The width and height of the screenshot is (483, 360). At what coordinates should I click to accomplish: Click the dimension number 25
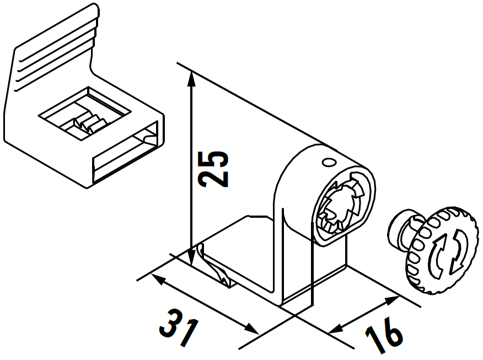point(213,169)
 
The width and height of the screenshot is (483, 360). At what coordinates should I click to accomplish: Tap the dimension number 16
point(384,335)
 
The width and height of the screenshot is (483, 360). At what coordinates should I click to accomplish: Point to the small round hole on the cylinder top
point(329,162)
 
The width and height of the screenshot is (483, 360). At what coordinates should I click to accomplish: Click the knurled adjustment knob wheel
point(442,251)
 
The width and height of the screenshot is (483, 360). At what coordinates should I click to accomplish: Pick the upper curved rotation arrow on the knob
point(439,251)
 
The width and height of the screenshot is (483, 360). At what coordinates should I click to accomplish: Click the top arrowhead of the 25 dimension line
point(191,78)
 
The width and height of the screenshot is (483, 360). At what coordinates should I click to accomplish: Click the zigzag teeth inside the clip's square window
point(89,122)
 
